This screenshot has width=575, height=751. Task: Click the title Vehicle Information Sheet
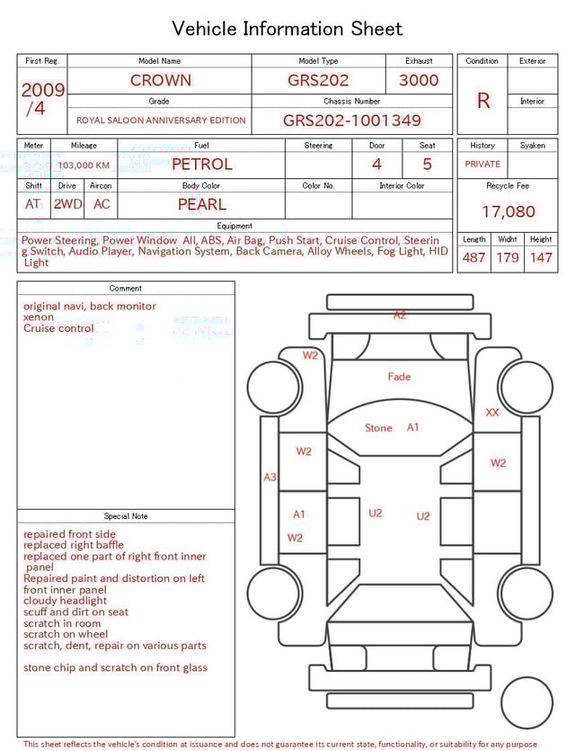(287, 29)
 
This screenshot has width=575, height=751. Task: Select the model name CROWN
(160, 80)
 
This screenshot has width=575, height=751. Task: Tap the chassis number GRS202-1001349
(352, 121)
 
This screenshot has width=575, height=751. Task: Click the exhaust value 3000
(419, 80)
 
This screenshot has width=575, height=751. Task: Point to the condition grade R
(483, 101)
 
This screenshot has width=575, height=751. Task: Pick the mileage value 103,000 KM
(84, 165)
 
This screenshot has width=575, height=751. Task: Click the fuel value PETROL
(202, 165)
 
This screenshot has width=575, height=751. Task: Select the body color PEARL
(202, 204)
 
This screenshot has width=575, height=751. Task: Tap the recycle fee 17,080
(508, 212)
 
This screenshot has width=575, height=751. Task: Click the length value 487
(473, 258)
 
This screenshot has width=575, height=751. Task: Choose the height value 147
(541, 258)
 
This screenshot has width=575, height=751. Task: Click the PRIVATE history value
(482, 165)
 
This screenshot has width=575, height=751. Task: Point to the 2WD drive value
(67, 204)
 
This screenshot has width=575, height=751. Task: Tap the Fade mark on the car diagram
(399, 377)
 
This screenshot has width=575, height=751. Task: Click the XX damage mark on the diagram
(492, 412)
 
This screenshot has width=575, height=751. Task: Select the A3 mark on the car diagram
(270, 478)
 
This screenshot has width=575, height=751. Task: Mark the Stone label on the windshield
(378, 428)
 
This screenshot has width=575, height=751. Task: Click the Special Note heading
(126, 516)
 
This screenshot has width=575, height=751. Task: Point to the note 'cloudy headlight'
(65, 601)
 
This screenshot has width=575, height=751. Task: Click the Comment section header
(126, 289)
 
